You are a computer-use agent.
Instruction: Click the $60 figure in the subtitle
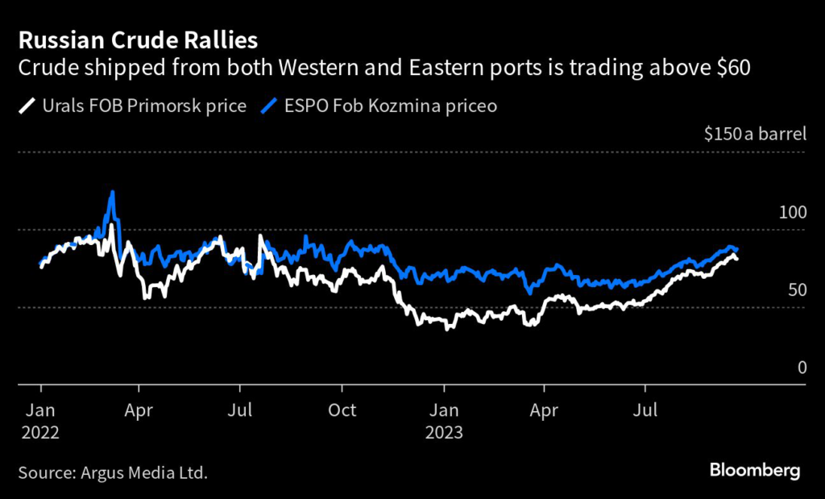[732, 68]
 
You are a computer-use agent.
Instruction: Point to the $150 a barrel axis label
[755, 134]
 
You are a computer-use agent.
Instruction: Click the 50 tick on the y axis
[795, 289]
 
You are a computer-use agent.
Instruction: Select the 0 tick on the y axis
[802, 368]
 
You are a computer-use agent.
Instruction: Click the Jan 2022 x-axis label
[40, 421]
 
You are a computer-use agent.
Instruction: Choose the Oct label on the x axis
[343, 410]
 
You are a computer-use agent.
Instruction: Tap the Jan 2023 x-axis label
[443, 421]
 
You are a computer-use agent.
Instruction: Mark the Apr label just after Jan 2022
[140, 410]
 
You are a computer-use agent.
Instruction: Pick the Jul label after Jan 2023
[645, 410]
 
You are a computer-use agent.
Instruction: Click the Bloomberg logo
[754, 469]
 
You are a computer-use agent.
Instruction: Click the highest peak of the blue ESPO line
[113, 192]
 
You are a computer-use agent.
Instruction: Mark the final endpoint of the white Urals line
[736, 258]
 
